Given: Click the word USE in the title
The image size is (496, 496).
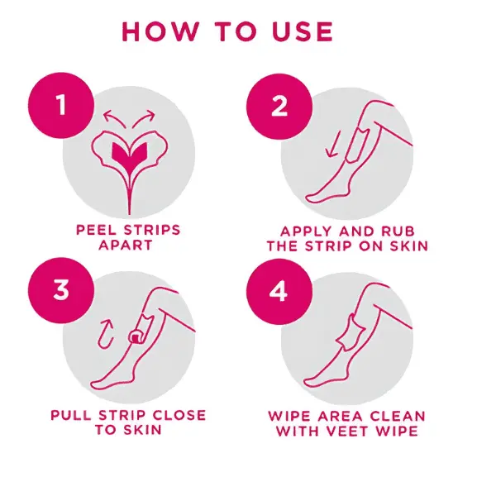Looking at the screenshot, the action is [303, 31].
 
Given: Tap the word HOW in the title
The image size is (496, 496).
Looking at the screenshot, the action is [160, 31].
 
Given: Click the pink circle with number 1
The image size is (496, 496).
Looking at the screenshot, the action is [61, 105].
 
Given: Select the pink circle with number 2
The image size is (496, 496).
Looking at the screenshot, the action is [279, 107].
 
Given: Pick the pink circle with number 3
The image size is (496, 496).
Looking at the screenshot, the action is [61, 290].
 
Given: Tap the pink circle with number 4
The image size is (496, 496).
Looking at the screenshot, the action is [279, 291].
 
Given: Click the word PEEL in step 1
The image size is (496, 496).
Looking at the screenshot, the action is [97, 230].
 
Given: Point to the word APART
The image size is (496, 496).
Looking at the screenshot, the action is [126, 246].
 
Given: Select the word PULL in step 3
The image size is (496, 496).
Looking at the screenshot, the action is [71, 415].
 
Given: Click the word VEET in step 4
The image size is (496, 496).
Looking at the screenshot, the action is [349, 432].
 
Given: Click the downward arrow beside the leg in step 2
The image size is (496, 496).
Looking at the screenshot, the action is [333, 145].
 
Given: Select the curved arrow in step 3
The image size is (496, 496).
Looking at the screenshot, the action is [105, 334].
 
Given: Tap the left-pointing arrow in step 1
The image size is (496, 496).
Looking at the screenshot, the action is [114, 118].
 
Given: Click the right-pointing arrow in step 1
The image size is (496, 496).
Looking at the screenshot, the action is [144, 118].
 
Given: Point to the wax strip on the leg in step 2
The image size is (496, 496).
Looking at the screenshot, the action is [358, 145].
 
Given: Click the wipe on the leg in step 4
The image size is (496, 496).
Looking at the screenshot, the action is [351, 332].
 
